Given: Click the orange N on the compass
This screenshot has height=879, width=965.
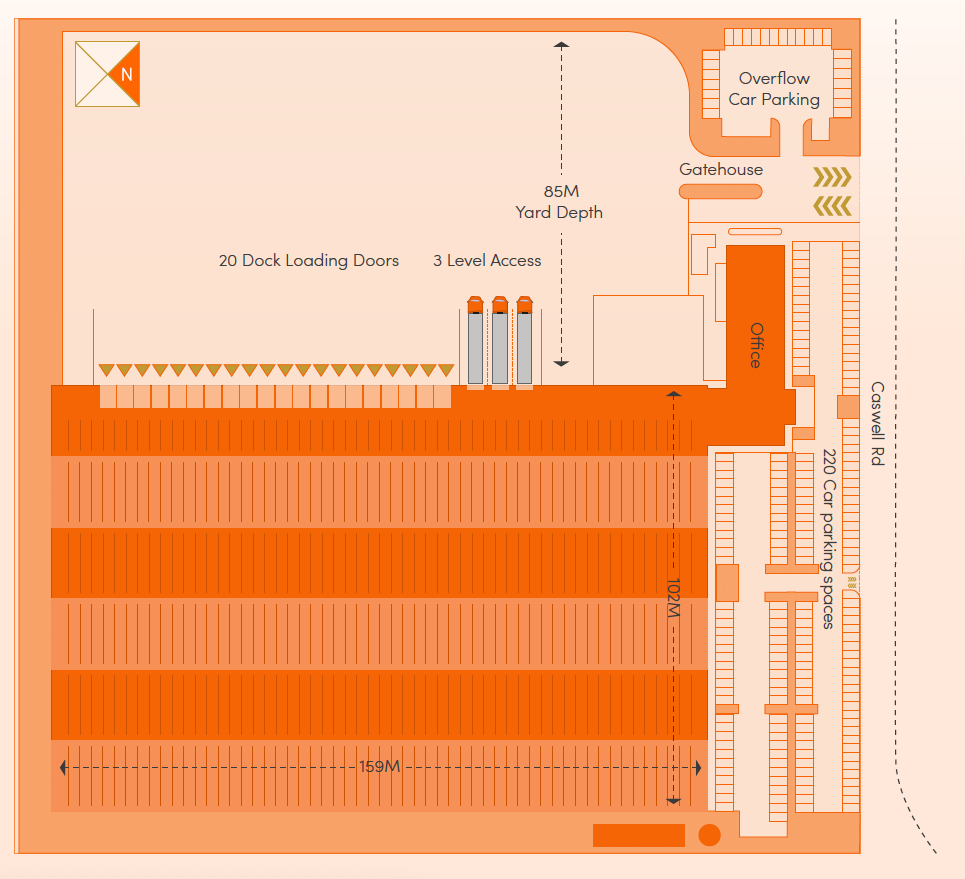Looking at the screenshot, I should click(x=126, y=74).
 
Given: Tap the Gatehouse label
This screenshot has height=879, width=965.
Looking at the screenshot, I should click(x=720, y=170).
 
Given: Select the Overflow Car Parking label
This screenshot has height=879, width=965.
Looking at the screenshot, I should click(x=773, y=89).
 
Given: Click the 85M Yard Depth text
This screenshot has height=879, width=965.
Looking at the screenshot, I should click(x=559, y=202).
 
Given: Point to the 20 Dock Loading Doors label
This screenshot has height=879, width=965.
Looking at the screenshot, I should click(x=308, y=261).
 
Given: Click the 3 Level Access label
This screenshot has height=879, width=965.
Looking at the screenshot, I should click(x=487, y=261).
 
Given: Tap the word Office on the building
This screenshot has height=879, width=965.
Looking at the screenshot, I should click(x=756, y=345).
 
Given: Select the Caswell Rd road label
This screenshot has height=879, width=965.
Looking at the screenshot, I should click(x=877, y=424).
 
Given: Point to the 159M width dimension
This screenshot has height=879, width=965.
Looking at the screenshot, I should click(x=379, y=767).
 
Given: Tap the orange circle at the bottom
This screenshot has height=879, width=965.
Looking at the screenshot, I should click(x=709, y=835).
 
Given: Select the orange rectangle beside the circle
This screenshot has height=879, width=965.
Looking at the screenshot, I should click(x=638, y=835).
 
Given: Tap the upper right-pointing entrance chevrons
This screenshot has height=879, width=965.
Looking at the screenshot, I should click(x=832, y=178).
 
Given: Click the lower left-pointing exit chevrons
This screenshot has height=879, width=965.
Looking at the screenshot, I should click(x=832, y=206).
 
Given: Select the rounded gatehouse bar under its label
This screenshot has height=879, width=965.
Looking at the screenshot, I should click(x=720, y=191).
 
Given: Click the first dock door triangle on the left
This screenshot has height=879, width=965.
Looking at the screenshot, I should click(x=106, y=370).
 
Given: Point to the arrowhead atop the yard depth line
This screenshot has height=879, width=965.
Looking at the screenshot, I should click(x=561, y=45).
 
